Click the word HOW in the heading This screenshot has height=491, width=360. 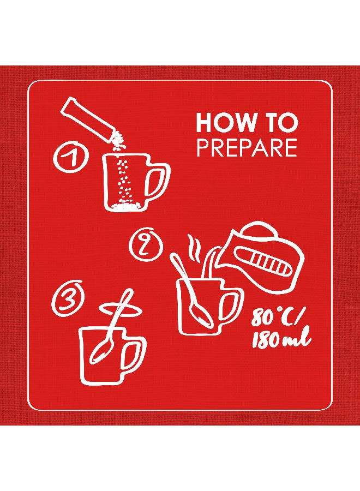click(x=225, y=123)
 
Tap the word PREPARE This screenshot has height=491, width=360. click(x=247, y=148)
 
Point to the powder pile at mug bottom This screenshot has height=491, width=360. click(x=125, y=206)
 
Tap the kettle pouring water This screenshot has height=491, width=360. click(x=259, y=258)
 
